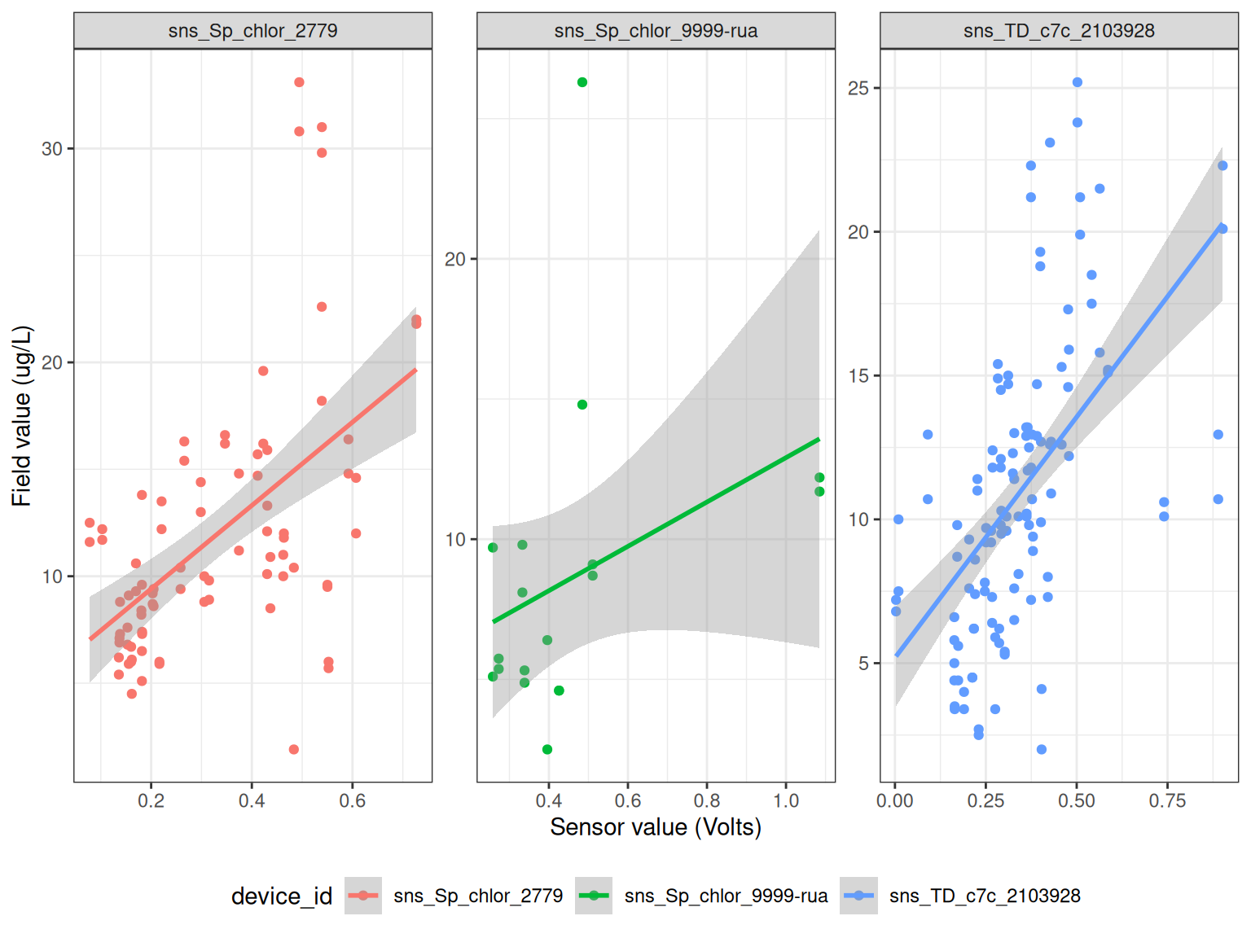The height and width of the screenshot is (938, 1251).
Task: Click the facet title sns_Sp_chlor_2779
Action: [252, 31]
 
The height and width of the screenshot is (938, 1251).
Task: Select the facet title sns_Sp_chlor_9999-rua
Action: [656, 31]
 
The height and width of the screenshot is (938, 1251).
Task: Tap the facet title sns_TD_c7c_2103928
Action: [1059, 31]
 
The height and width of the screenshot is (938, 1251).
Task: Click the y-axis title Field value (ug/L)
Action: [22, 416]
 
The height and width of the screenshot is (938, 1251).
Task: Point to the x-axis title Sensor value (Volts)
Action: [656, 827]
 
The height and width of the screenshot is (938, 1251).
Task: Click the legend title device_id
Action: [282, 896]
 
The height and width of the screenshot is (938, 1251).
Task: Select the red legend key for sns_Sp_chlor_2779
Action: [363, 896]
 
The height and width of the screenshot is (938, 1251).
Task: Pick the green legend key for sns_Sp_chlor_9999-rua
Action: [594, 896]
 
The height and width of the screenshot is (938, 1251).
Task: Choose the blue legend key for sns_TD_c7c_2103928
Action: [859, 896]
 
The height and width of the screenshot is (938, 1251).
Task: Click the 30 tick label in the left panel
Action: [52, 149]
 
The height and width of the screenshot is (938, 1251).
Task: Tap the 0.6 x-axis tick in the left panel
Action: [353, 801]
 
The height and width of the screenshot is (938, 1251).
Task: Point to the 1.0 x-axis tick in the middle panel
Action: [786, 801]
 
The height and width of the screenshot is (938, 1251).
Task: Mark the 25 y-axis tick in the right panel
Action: [858, 88]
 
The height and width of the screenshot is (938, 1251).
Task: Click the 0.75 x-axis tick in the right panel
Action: [1167, 801]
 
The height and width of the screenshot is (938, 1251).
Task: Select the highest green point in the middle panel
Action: [582, 82]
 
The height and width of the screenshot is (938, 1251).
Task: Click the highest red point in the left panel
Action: [299, 82]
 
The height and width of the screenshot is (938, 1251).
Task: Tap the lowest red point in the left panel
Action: [294, 749]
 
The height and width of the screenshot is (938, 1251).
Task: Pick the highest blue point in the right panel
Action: [1078, 82]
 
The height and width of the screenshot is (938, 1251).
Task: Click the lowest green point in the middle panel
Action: [547, 749]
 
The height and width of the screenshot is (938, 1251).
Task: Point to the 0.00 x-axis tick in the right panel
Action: [895, 801]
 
